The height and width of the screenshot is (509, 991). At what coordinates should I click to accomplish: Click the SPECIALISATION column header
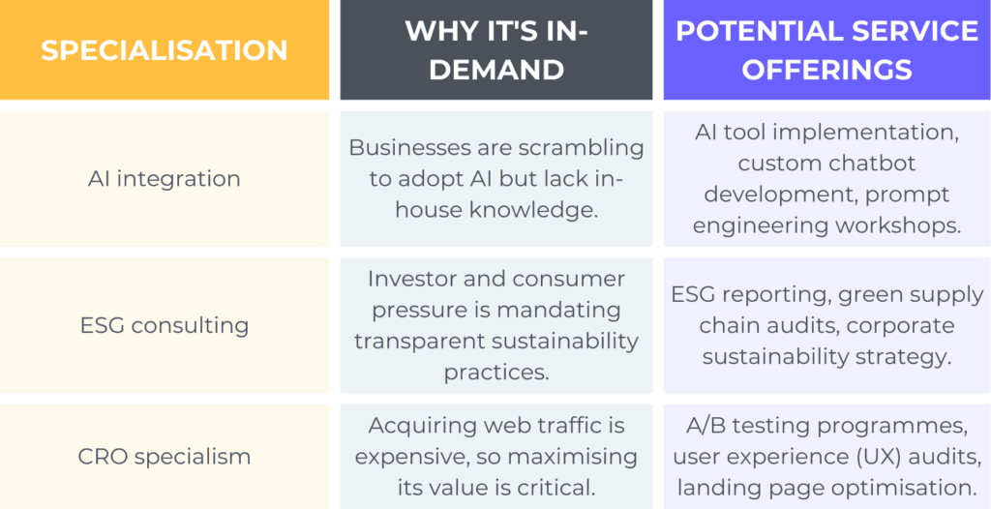(165, 50)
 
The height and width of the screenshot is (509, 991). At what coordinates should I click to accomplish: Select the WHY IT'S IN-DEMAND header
(496, 50)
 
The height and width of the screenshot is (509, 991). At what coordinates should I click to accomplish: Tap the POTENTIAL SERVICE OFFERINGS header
(826, 50)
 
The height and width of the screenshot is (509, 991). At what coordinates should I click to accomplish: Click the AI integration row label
(165, 179)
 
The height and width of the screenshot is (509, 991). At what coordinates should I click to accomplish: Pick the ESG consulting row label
(165, 325)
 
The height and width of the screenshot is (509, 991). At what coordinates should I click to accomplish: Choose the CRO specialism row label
(165, 457)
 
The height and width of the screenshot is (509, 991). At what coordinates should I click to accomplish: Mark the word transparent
(418, 342)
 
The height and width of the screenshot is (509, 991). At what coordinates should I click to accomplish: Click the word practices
(496, 374)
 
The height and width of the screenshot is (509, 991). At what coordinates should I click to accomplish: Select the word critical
(553, 488)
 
